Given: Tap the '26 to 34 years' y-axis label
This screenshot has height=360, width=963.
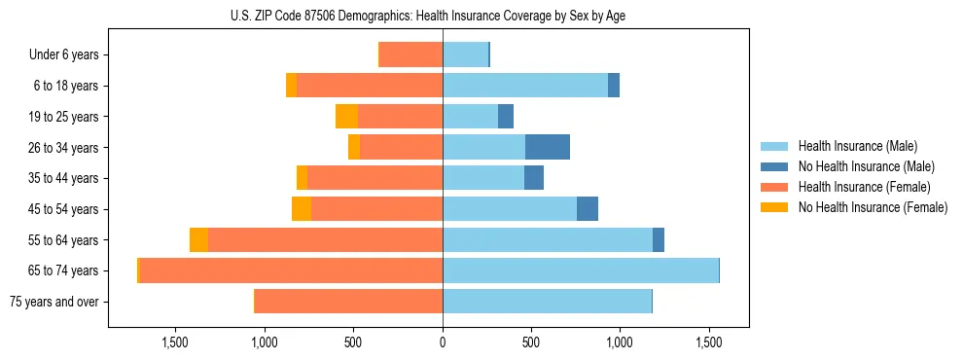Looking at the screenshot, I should [x=65, y=148].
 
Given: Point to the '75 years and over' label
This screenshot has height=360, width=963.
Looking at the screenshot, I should [x=54, y=302].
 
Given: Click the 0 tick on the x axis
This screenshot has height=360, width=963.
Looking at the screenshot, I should [x=443, y=343].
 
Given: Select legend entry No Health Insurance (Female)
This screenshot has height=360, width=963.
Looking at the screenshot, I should [x=873, y=207].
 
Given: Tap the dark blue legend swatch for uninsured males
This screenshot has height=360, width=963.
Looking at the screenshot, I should [x=775, y=166].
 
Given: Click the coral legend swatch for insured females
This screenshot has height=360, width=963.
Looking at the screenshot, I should [x=775, y=187].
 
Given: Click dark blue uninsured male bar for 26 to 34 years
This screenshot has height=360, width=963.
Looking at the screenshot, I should [x=548, y=148].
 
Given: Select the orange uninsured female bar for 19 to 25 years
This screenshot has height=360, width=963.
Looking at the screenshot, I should [x=346, y=117].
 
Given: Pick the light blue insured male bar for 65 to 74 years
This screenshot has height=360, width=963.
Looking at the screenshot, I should [x=581, y=270].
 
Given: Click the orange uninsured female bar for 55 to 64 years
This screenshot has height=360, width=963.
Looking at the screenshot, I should [x=199, y=240].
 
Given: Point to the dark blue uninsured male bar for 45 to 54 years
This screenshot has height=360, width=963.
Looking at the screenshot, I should [x=588, y=209].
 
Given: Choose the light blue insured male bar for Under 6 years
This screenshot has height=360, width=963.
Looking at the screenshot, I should [x=465, y=55].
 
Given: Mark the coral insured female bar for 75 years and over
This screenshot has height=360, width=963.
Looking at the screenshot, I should [x=348, y=302].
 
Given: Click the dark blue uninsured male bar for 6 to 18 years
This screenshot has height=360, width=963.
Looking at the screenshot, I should [x=614, y=86].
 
